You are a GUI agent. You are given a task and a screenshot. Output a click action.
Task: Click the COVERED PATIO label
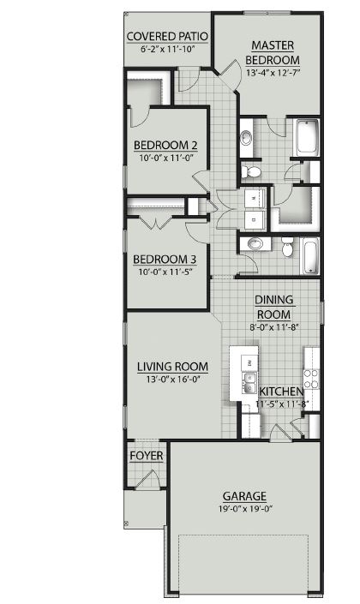[168, 36]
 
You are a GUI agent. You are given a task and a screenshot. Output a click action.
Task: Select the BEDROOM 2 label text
[165, 145]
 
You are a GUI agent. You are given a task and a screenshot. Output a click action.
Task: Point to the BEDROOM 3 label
[165, 260]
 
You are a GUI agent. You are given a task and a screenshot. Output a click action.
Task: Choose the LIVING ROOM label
[173, 367]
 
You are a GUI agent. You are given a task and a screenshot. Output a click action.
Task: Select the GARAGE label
[244, 495]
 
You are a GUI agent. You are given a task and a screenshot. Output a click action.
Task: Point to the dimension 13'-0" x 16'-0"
[173, 379]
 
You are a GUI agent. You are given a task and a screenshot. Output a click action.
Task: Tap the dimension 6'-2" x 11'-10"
[168, 49]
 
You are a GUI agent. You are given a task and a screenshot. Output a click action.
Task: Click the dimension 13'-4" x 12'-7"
[273, 74]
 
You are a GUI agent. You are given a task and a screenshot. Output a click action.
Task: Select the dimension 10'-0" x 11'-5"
[165, 272]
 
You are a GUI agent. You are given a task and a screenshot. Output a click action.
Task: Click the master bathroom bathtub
[306, 138]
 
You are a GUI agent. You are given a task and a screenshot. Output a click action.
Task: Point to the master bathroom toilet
[253, 172]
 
